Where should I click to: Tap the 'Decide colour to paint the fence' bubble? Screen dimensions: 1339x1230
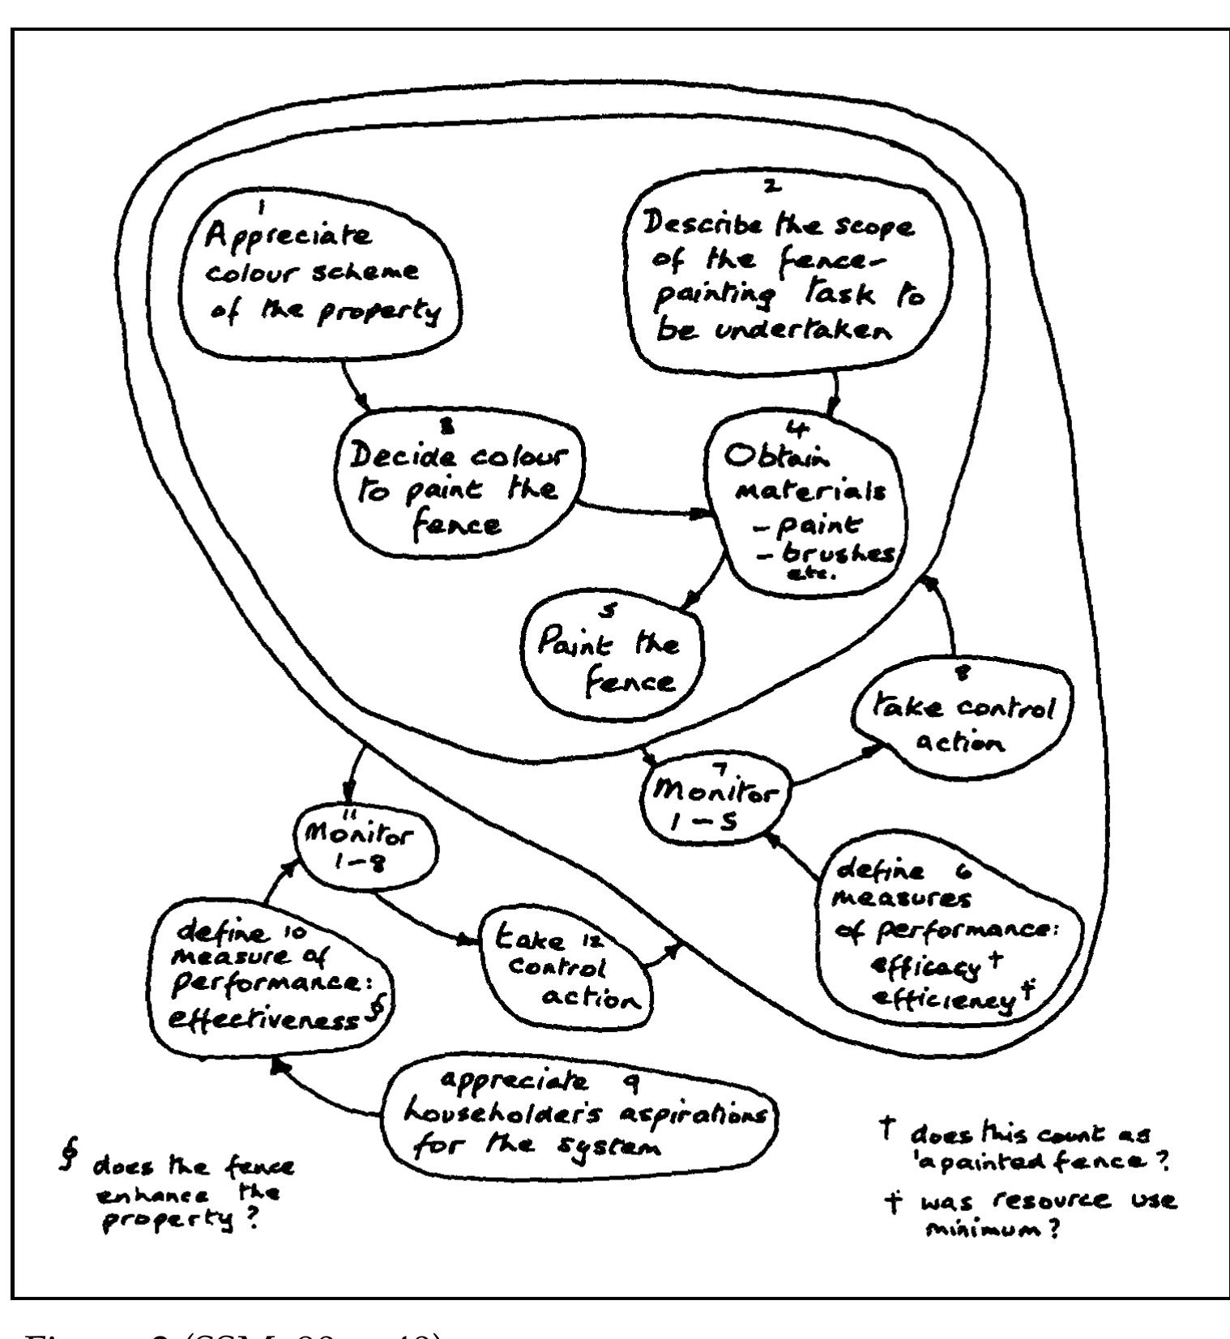458,489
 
